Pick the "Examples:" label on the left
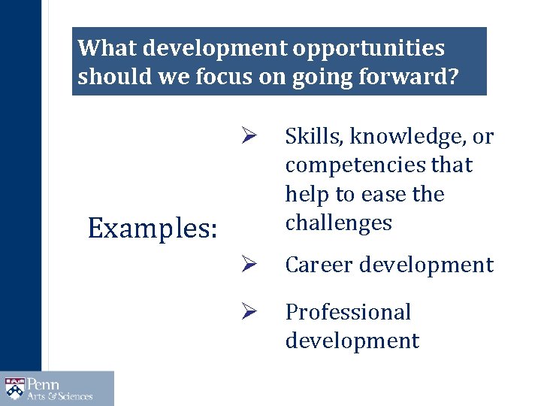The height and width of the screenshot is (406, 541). tap(153, 228)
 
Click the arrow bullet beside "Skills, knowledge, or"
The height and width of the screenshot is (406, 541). tap(251, 137)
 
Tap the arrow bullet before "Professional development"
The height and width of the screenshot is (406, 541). tap(251, 312)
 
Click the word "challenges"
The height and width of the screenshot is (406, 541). tap(338, 223)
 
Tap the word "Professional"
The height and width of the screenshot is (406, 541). tap(348, 311)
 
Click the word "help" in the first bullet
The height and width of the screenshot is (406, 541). tap(304, 194)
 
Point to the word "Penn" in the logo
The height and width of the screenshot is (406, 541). tap(44, 383)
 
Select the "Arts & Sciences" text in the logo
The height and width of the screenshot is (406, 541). tap(60, 396)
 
